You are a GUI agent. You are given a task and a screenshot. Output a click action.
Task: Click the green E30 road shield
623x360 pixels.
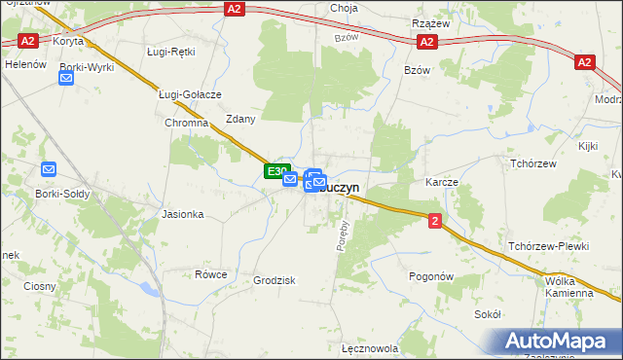click(275, 171)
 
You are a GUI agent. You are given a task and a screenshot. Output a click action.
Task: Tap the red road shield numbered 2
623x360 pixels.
click(434, 222)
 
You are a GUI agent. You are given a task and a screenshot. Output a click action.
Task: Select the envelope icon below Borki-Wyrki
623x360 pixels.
click(66, 80)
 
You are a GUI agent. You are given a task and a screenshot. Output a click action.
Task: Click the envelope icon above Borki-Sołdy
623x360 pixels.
click(50, 169)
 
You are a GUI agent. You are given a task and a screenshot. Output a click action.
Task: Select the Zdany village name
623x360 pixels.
click(239, 119)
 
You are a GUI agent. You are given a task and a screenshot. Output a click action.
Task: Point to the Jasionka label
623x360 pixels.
click(182, 214)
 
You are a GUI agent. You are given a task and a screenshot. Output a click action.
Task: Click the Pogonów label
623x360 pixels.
click(432, 276)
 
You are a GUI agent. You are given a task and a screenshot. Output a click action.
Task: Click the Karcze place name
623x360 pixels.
click(441, 182)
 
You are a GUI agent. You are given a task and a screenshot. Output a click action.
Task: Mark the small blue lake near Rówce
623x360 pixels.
click(148, 288)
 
